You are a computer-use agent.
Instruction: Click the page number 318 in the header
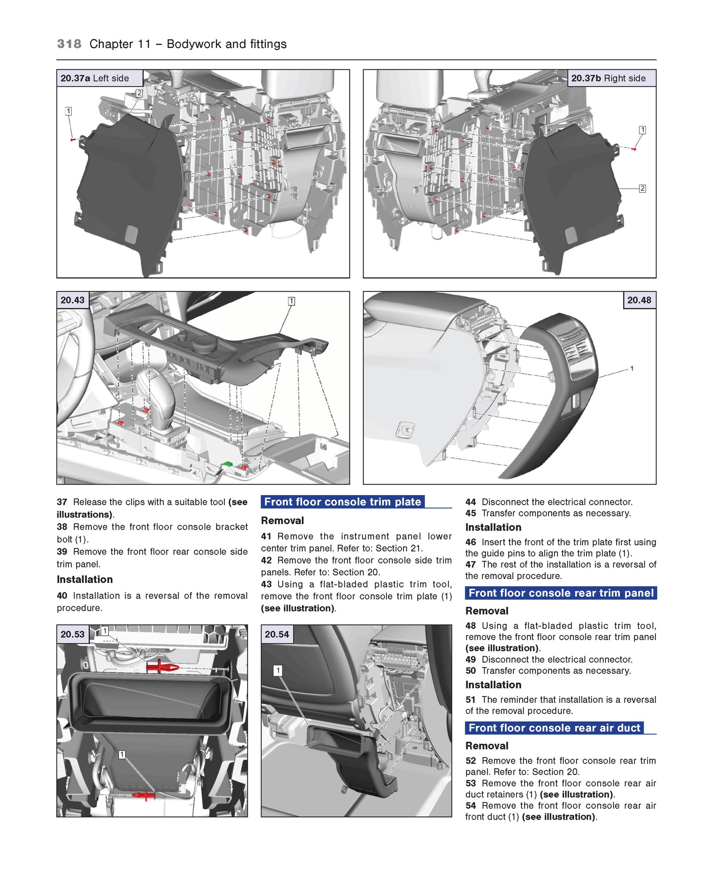pos(69,44)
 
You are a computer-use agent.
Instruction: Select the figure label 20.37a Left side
pos(95,78)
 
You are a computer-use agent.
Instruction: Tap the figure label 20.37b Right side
pos(608,78)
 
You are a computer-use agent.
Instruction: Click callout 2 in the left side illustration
pos(139,93)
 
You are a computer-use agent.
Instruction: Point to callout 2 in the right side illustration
pos(642,189)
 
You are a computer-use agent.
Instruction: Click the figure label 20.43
pos(73,300)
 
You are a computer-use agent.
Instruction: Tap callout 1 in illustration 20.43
pos(291,301)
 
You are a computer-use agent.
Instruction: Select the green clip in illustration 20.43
pos(227,464)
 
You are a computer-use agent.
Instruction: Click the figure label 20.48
pos(639,300)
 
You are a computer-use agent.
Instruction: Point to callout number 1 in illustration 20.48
pos(631,368)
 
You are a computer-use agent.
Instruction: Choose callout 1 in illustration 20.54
pos(278,670)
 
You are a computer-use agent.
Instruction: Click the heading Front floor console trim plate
pos(342,502)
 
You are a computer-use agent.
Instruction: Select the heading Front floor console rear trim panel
pos(560,593)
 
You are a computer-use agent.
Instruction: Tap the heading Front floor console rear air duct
pos(554,728)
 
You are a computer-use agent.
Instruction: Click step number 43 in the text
pos(266,584)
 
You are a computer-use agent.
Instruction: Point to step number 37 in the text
pos(62,502)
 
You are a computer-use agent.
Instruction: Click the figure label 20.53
pos(73,634)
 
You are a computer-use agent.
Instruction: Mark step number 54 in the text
pos(471,805)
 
